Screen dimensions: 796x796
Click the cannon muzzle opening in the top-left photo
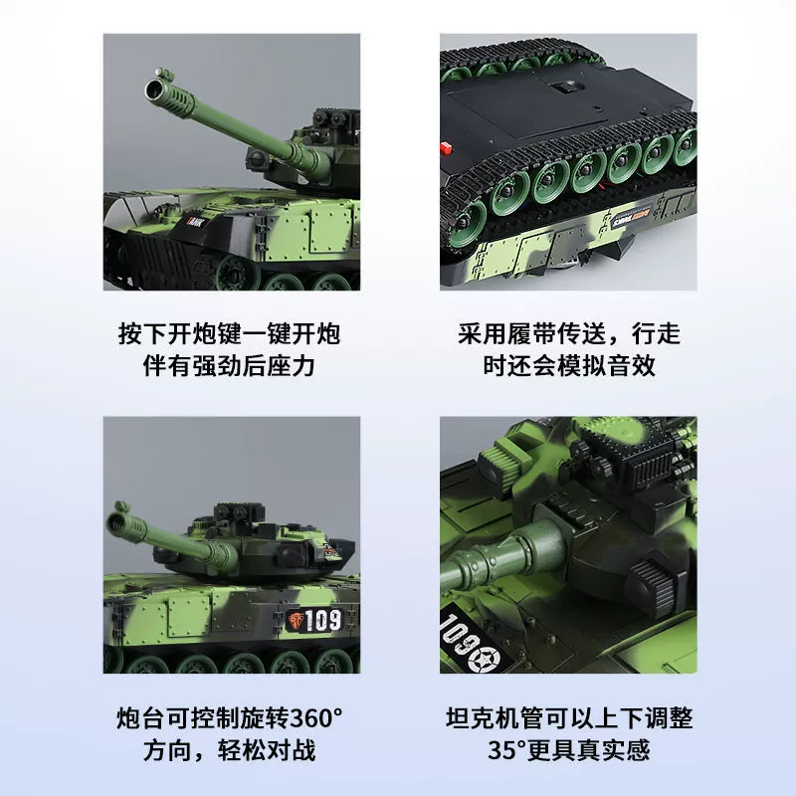point(153,90)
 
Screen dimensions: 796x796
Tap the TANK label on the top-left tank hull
point(195,222)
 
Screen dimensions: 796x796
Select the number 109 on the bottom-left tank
point(322,620)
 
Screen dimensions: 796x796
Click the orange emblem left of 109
point(296,620)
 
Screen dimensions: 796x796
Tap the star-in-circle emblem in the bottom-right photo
point(484,658)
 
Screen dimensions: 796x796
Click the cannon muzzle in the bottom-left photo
point(115,523)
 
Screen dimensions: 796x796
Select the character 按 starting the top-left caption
point(130,334)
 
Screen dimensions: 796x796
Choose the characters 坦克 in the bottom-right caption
point(470,718)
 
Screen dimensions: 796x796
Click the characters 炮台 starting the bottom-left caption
point(141,718)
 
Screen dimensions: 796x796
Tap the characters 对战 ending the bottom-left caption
point(292,750)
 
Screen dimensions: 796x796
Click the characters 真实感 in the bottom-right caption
point(613,750)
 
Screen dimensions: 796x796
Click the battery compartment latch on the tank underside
point(568,87)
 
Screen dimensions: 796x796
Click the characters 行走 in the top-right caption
point(656,334)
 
